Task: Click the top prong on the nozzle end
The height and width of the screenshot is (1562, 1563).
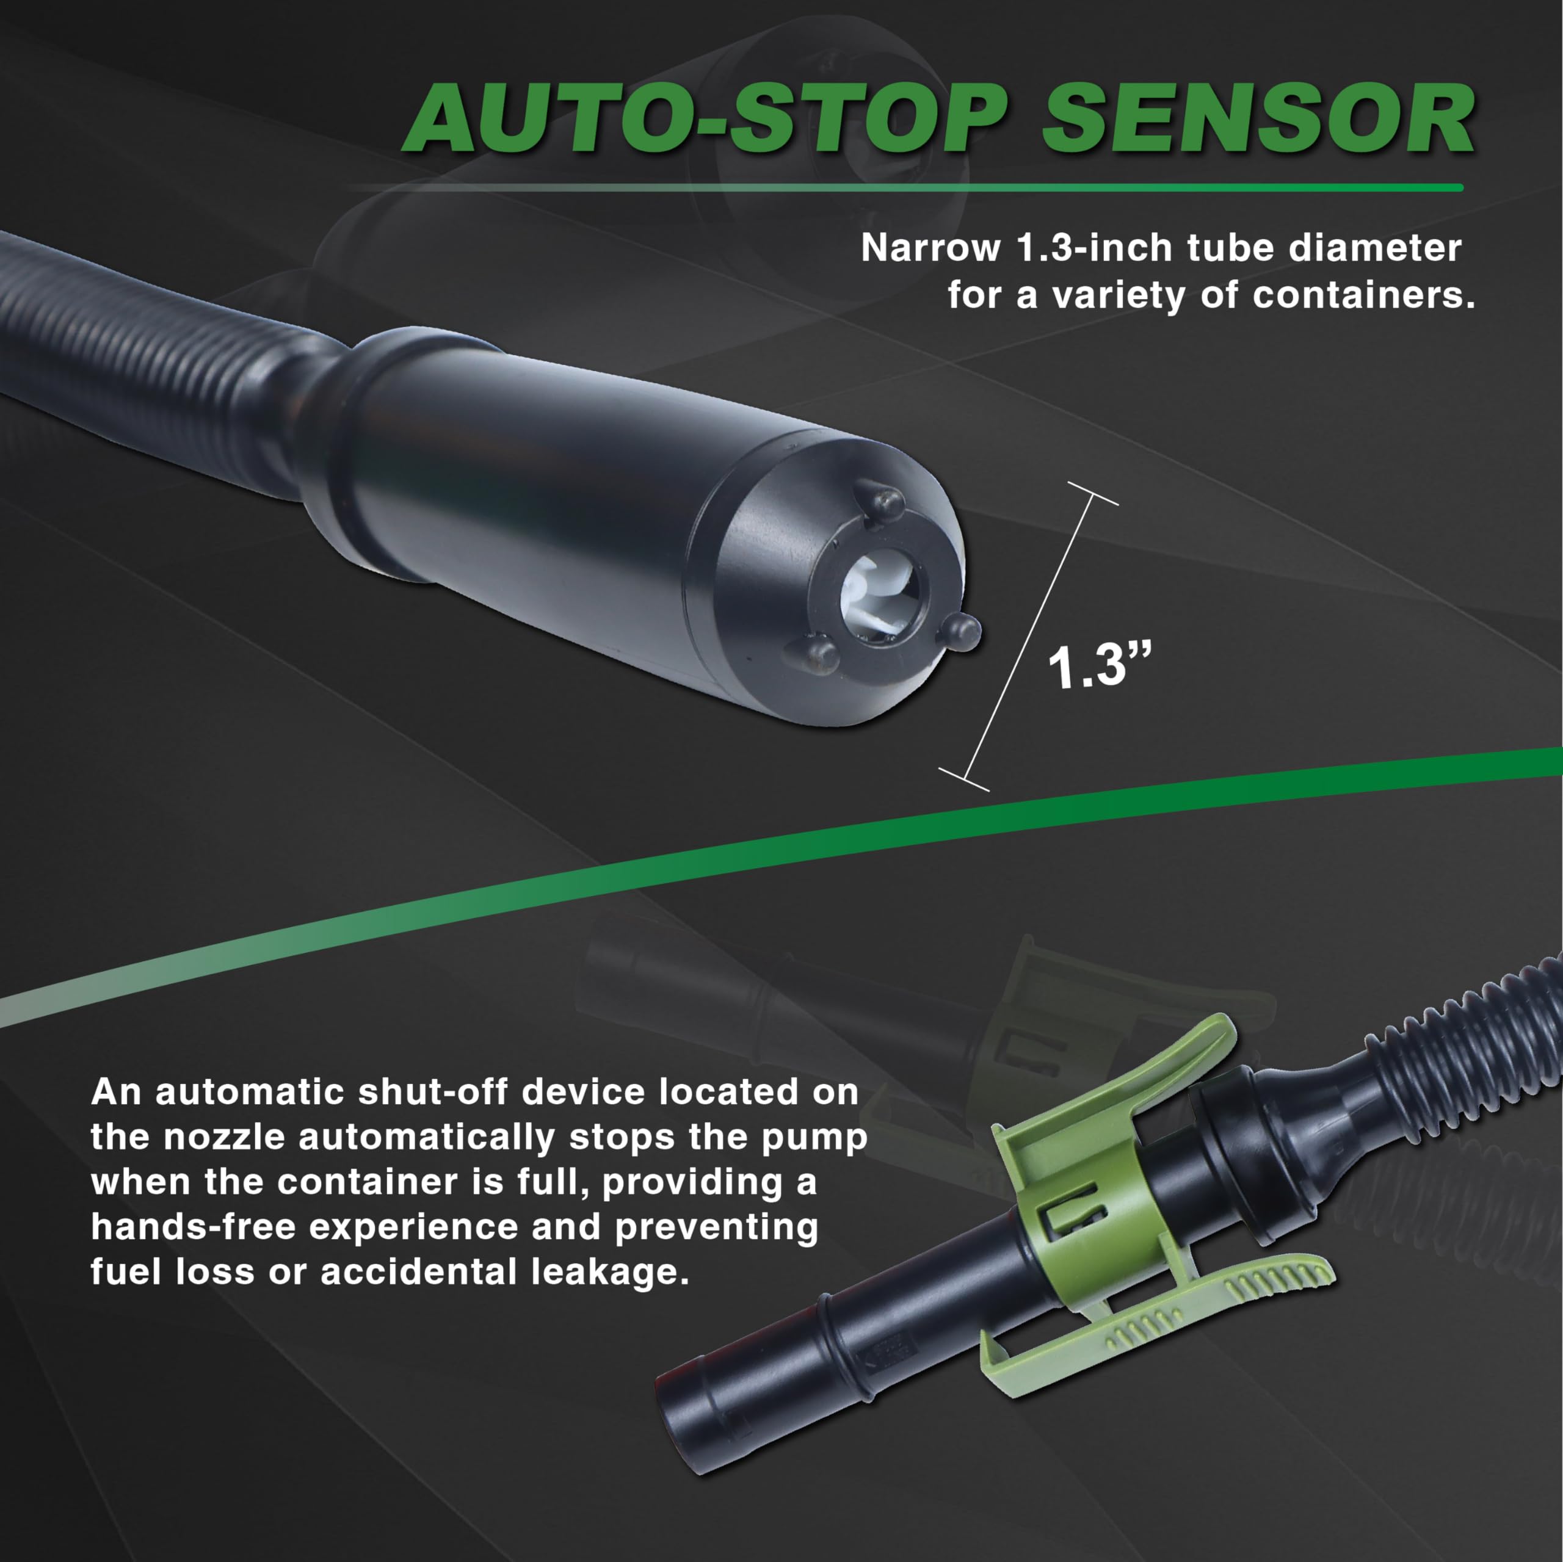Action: point(888,502)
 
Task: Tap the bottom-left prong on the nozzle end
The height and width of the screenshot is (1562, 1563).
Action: point(819,654)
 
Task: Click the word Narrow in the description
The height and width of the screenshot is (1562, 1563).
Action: point(930,248)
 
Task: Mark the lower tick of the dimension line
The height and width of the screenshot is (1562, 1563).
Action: point(963,778)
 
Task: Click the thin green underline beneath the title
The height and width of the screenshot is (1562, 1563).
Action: point(971,187)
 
